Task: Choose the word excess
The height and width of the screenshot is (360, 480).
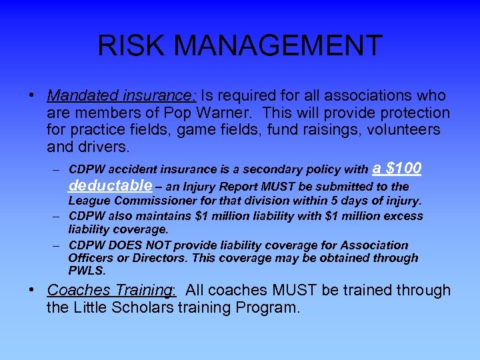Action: pyautogui.click(x=404, y=216)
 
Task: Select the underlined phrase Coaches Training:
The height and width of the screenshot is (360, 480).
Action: pyautogui.click(x=111, y=291)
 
